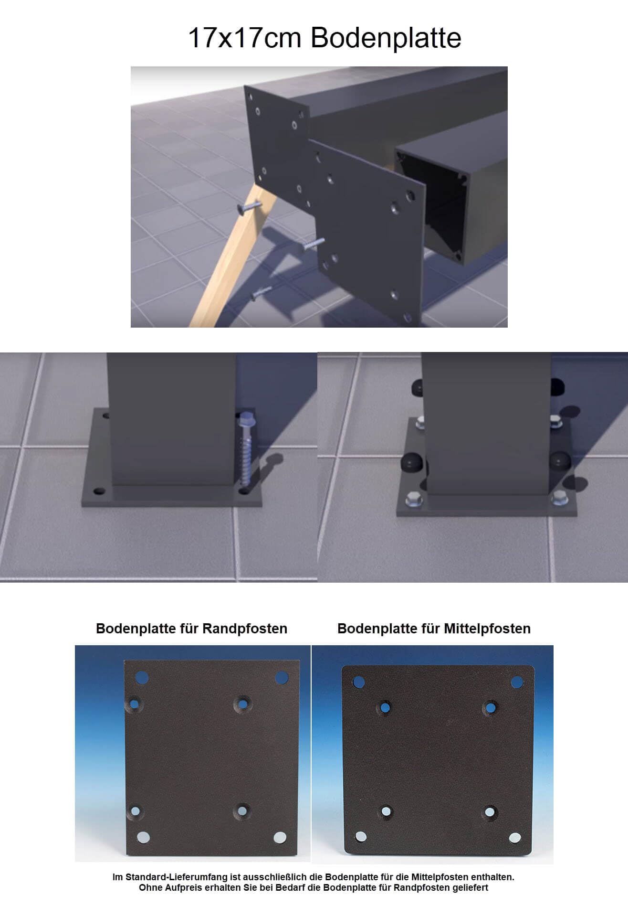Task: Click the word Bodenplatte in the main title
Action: tap(386, 38)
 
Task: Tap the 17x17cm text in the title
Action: tap(244, 38)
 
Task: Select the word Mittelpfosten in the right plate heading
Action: tap(487, 629)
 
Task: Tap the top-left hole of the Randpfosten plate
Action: tap(142, 677)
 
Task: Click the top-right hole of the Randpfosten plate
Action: tap(282, 677)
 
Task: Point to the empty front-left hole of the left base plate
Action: tap(99, 490)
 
